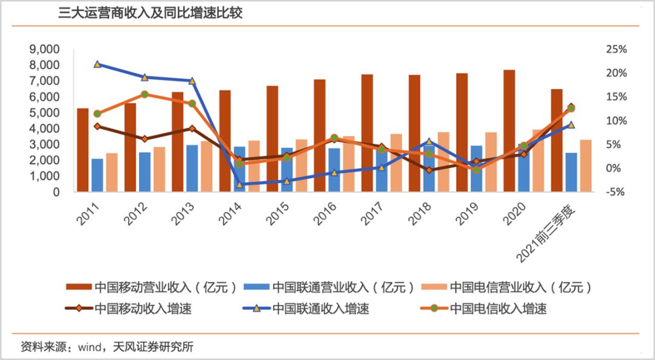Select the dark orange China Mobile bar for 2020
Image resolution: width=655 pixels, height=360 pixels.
[509, 130]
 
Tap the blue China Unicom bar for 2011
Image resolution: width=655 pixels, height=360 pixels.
[97, 175]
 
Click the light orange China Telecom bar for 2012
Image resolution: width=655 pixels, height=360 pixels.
[159, 169]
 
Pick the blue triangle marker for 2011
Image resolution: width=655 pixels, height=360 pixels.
[97, 64]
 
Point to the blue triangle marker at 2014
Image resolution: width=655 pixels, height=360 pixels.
[239, 184]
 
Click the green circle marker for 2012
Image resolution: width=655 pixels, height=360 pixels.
[144, 95]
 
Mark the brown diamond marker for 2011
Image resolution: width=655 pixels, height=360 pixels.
[97, 126]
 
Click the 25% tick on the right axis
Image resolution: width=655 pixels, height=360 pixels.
[615, 49]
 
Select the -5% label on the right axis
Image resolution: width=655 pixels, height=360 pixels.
[615, 192]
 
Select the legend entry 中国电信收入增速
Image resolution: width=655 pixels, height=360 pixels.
[485, 308]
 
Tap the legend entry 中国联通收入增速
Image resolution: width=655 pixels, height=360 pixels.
[309, 308]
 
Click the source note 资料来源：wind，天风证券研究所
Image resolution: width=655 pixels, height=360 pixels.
[107, 347]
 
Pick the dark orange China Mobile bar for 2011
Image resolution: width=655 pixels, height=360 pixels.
[82, 150]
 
